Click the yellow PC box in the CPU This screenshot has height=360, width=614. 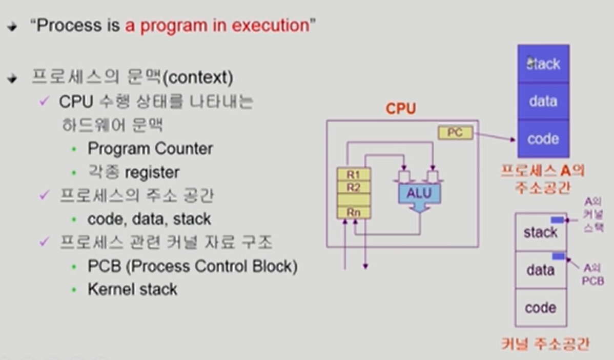coord(455,133)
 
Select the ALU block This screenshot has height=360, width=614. coord(419,194)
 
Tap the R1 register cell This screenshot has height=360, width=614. coord(353,174)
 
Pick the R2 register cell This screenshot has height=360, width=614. coord(353,187)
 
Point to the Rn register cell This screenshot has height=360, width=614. coord(353,212)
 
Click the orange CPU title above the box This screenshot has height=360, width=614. coord(400,109)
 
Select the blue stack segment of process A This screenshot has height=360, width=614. coord(543,64)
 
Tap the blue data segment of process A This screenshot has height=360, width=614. coord(543,101)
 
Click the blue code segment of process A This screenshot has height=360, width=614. coord(543,138)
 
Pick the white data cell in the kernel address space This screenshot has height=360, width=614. coord(540,270)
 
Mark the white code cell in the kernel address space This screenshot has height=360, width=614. coord(540,308)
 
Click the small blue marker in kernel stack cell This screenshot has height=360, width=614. coord(557,220)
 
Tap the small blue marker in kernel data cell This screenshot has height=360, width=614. coord(558,256)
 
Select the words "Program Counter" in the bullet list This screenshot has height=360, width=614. coord(150,149)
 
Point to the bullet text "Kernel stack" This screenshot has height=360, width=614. coord(132,289)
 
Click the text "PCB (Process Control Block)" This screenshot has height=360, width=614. coord(193,267)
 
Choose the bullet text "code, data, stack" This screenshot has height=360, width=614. coord(149,219)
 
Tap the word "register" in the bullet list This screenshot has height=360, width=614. coord(152,172)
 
